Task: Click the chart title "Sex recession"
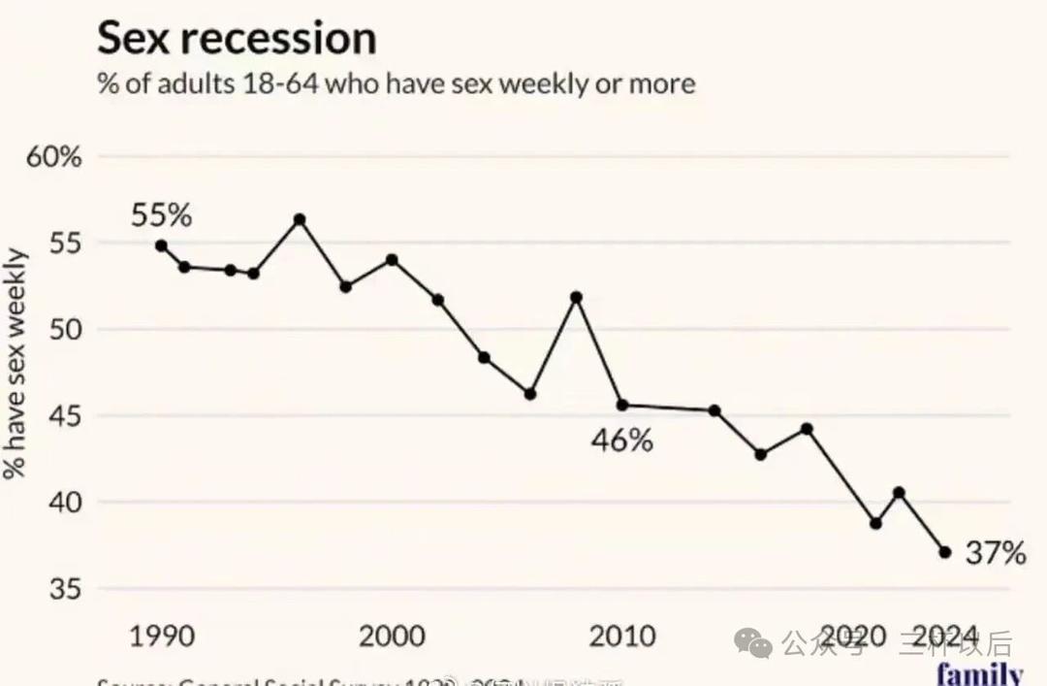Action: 237,38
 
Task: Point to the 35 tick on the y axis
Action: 65,589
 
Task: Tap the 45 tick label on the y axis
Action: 65,416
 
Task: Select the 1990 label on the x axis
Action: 161,637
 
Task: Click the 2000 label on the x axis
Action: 392,637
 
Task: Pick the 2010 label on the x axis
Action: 622,637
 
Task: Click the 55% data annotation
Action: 161,215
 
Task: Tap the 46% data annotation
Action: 621,441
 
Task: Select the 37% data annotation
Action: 996,553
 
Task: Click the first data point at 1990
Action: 161,245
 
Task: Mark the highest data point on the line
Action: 300,219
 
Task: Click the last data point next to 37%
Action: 945,552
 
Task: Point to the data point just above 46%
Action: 622,405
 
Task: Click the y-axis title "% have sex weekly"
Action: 16,364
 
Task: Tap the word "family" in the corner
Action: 979,673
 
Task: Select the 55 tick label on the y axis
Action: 65,244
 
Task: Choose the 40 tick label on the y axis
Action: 65,503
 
